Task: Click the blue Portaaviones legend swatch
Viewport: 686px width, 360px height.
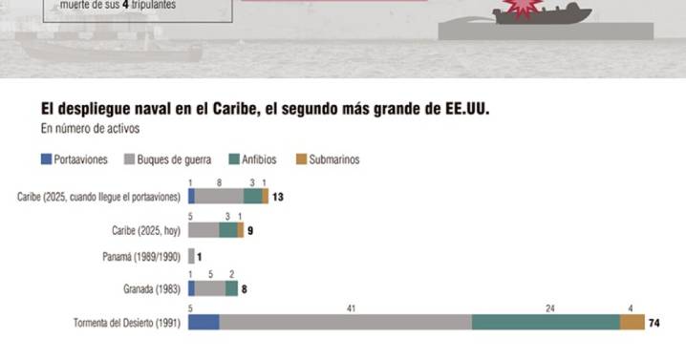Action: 46,159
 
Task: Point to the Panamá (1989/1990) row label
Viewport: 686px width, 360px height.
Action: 141,257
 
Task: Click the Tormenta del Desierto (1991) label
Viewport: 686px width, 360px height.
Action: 127,323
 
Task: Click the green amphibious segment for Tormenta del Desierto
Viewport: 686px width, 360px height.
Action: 546,323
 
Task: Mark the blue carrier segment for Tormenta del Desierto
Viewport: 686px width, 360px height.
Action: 203,323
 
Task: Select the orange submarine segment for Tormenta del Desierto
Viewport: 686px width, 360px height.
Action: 632,323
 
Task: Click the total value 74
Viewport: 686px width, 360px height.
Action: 654,323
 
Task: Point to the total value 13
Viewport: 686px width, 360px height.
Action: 278,197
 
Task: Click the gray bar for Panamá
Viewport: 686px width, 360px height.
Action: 191,257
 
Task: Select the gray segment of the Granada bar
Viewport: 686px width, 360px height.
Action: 210,288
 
